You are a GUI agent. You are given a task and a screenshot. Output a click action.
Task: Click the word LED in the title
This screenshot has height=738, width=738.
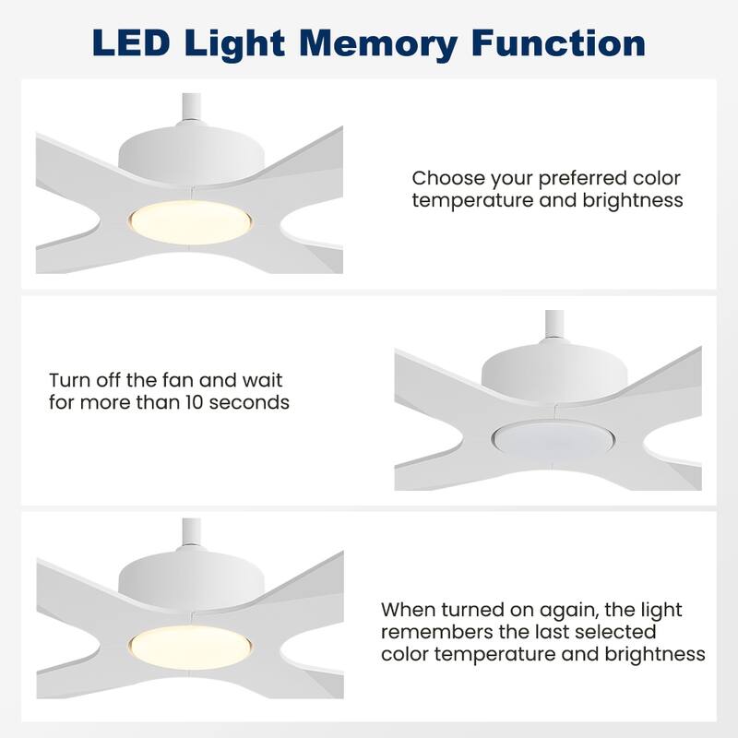coord(131,42)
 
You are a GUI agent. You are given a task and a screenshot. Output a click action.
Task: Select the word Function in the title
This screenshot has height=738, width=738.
coord(558,42)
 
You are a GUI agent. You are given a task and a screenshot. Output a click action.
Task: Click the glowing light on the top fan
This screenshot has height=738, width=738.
coord(190,222)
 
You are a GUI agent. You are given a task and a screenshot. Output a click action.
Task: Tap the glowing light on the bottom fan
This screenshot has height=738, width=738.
coord(190,647)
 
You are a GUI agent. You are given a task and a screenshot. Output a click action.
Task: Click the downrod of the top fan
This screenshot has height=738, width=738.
coord(192,107)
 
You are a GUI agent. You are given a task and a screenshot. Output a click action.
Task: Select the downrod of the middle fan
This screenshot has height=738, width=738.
coord(554,324)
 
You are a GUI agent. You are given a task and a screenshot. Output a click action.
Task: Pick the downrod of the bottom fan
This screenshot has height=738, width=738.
coord(192,532)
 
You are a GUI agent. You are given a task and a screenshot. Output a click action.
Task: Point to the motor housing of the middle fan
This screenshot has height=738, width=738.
coord(554,371)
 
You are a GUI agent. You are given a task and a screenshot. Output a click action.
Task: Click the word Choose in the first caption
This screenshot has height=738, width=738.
coord(448,178)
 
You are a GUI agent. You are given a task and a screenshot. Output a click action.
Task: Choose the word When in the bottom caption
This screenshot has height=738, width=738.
coord(408,610)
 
